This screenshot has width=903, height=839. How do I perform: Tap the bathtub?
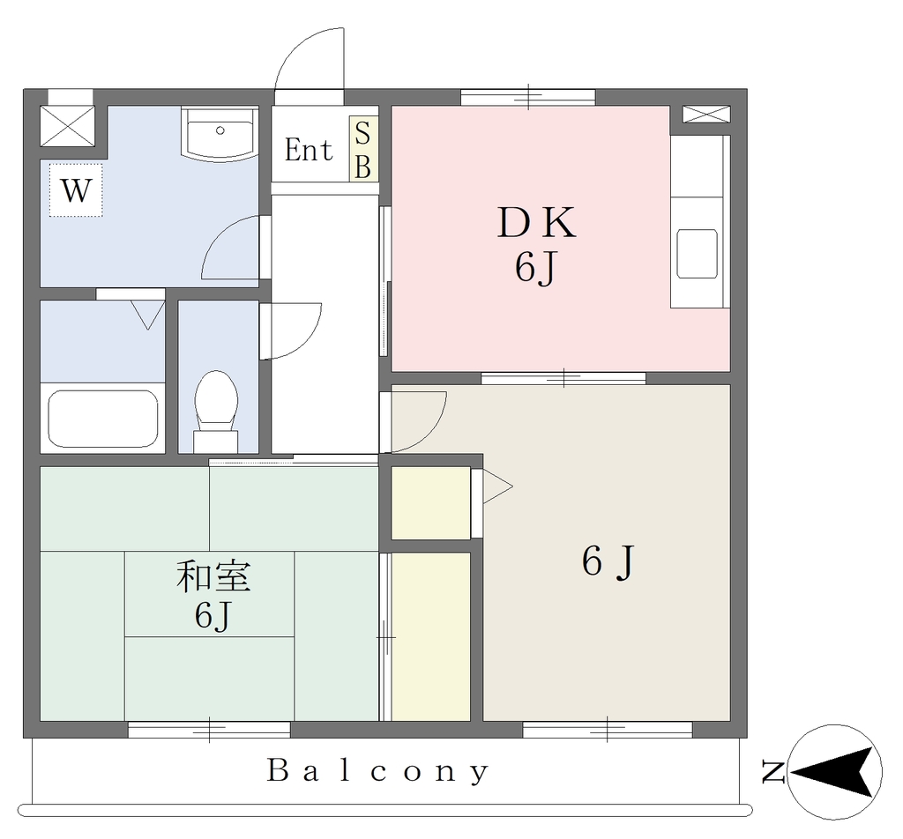pyautogui.click(x=103, y=419)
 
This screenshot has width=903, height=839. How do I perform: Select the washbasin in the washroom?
pyautogui.click(x=220, y=135)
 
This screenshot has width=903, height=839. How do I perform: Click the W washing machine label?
pyautogui.click(x=76, y=189)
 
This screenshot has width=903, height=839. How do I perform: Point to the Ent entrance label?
pyautogui.click(x=309, y=150)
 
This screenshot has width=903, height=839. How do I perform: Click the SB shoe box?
pyautogui.click(x=363, y=149)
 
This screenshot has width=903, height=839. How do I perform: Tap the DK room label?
pyautogui.click(x=536, y=223)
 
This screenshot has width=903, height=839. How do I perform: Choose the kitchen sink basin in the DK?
pyautogui.click(x=697, y=254)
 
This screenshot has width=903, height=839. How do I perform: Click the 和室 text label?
pyautogui.click(x=213, y=576)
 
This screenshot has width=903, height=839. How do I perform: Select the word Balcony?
pyautogui.click(x=378, y=771)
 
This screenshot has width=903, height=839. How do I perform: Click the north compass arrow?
pyautogui.click(x=834, y=772)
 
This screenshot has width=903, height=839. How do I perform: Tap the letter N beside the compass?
pyautogui.click(x=772, y=772)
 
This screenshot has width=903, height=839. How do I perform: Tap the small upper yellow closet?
pyautogui.click(x=430, y=503)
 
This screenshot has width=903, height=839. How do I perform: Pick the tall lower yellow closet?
pyautogui.click(x=430, y=636)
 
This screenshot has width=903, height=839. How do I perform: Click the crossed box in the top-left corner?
pyautogui.click(x=67, y=126)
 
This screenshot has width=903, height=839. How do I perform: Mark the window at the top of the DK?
pyautogui.click(x=528, y=97)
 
